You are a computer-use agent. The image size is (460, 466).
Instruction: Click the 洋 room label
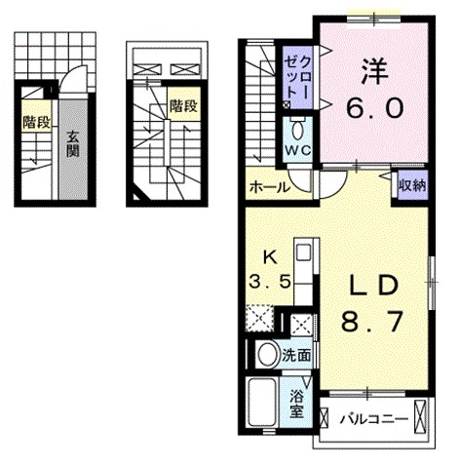pos(371,71)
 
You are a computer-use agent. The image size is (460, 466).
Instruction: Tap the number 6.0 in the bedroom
pos(371,108)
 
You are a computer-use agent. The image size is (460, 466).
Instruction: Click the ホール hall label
pos(268,186)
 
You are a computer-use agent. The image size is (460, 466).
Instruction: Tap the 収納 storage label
pos(410,185)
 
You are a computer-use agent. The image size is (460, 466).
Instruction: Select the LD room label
pos(372,285)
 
